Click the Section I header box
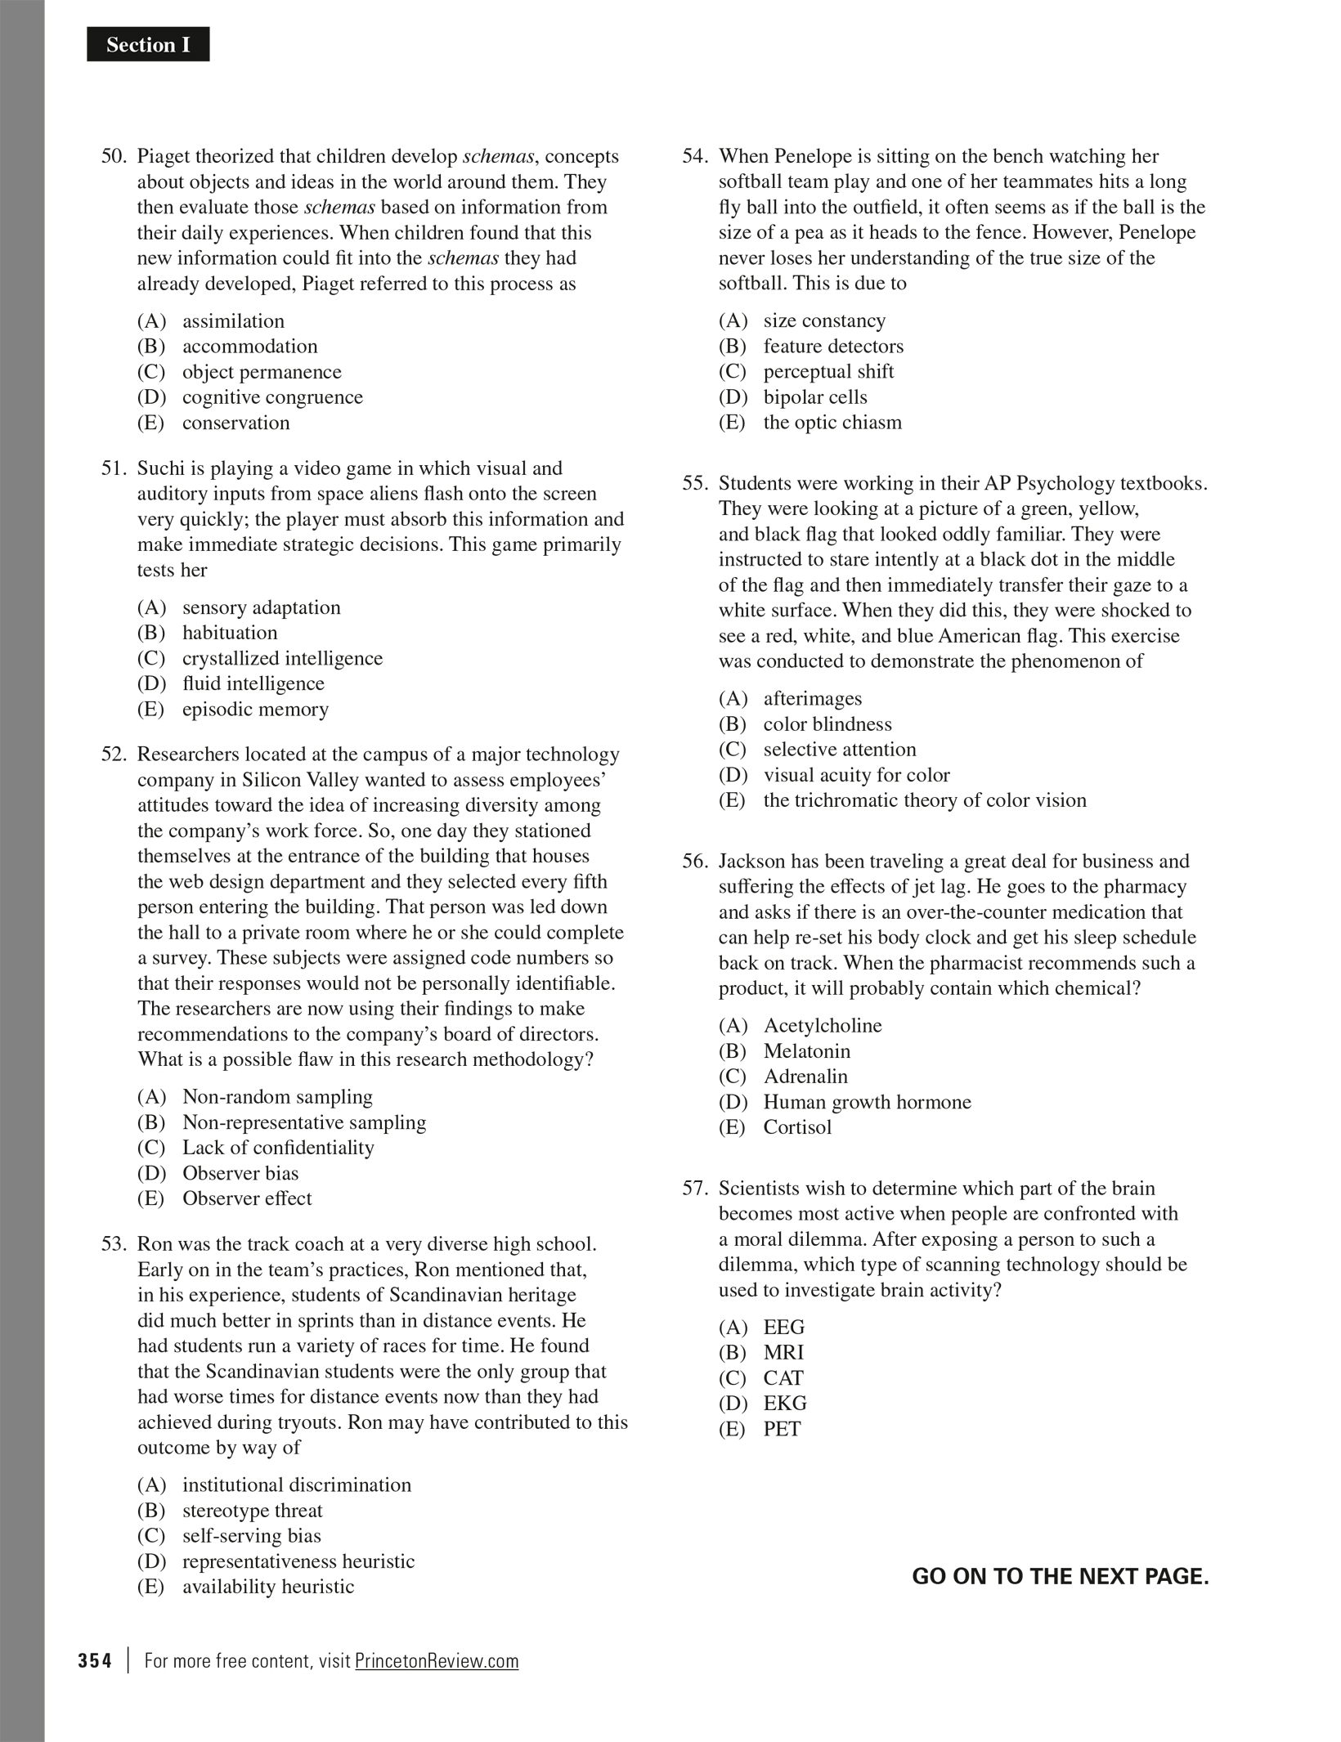pyautogui.click(x=148, y=45)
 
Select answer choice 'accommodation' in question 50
pyautogui.click(x=249, y=347)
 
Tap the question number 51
pyautogui.click(x=114, y=468)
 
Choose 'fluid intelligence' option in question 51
pyautogui.click(x=253, y=683)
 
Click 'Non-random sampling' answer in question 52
pyautogui.click(x=277, y=1097)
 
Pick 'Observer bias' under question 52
pyautogui.click(x=240, y=1173)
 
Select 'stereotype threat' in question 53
pyautogui.click(x=252, y=1511)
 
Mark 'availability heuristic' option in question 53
pyautogui.click(x=268, y=1587)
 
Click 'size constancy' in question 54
pyautogui.click(x=824, y=320)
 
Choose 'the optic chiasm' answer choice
pyautogui.click(x=832, y=423)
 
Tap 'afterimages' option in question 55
pyautogui.click(x=812, y=699)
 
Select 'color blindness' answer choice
pyautogui.click(x=827, y=724)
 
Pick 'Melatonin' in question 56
pyautogui.click(x=806, y=1051)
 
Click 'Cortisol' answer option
pyautogui.click(x=797, y=1127)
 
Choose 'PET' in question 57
pyautogui.click(x=782, y=1429)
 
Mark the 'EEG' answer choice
pyautogui.click(x=783, y=1328)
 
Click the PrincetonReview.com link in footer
pyautogui.click(x=437, y=1661)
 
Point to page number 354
pyautogui.click(x=95, y=1661)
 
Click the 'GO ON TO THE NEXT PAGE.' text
pyautogui.click(x=1060, y=1577)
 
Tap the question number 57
pyautogui.click(x=695, y=1189)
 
